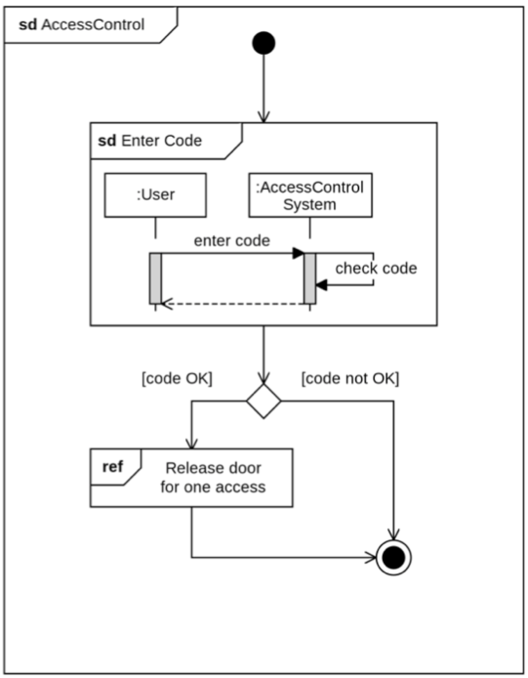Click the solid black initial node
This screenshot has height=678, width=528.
point(264,43)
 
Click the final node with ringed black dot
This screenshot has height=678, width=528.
point(393,557)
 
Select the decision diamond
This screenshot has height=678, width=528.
point(264,401)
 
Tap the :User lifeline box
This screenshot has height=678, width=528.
point(155,195)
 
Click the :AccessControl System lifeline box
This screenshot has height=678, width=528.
point(310,195)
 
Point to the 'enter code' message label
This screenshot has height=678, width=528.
point(232,241)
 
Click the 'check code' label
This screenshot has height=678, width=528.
point(376,268)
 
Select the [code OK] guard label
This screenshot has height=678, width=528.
point(177,379)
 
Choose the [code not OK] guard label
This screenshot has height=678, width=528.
point(350,379)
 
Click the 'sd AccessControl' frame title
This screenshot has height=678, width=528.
point(81,25)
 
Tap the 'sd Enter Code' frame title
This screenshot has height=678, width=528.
point(150,141)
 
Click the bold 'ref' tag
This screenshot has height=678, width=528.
point(113,466)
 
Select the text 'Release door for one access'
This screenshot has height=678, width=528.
point(213,477)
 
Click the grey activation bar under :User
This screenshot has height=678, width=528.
point(155,278)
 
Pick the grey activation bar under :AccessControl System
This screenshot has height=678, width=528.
point(310,278)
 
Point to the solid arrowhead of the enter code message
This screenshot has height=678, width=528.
point(298,253)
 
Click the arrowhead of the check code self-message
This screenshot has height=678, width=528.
point(321,285)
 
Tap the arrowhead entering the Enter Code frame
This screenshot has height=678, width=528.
point(264,118)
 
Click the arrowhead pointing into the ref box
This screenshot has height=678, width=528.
point(192,444)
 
